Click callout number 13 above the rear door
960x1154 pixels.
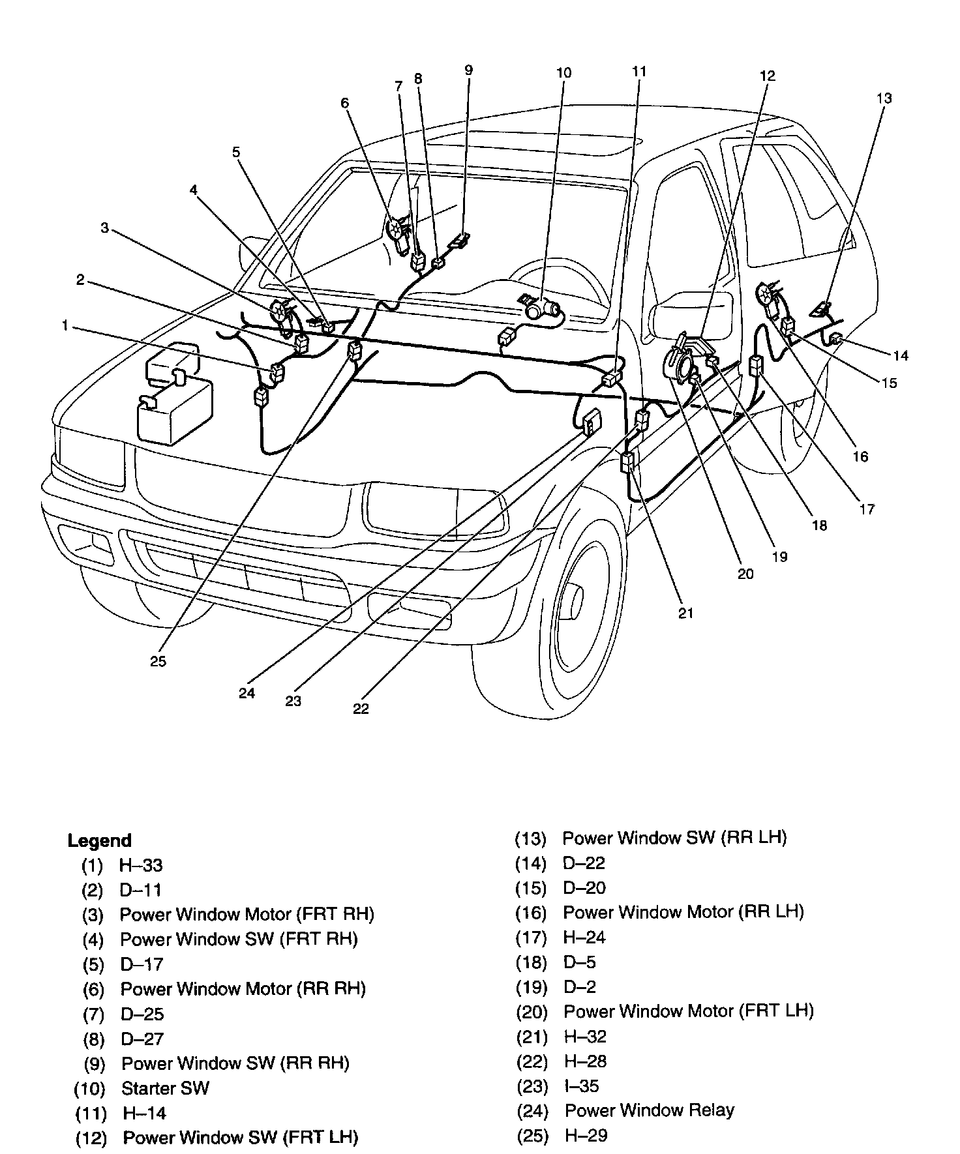tap(884, 98)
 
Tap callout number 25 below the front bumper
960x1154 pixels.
tap(158, 661)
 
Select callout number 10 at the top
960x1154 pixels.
tap(563, 72)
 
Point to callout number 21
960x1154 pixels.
tap(685, 613)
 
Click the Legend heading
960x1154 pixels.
tap(99, 840)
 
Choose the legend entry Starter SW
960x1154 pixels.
tap(165, 1088)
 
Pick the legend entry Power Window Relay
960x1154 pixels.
tap(649, 1110)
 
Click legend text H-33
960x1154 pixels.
tap(140, 865)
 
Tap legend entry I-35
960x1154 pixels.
tap(581, 1086)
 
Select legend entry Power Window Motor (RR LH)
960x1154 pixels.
tap(683, 911)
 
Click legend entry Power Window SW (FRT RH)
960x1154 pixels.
tap(239, 939)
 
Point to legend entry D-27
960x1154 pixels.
tap(142, 1039)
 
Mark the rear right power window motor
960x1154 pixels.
tap(397, 230)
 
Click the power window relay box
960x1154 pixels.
tap(592, 422)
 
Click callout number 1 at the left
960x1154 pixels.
tap(65, 325)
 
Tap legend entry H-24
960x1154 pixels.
tap(584, 938)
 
